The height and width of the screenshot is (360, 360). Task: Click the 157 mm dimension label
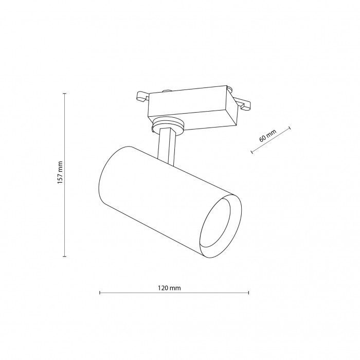coord(60,172)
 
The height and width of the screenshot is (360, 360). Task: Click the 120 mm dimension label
coord(169,288)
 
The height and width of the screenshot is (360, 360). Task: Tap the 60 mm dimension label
coord(267,136)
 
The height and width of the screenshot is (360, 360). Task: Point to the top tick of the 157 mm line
coord(64,94)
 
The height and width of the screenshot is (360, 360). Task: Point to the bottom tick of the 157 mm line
coord(64,256)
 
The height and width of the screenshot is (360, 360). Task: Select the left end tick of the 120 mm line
coord(100,293)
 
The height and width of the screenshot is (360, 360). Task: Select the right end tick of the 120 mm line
coord(248,293)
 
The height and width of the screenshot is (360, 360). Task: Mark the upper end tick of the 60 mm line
coord(290,128)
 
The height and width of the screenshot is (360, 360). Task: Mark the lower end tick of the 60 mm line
coord(252,152)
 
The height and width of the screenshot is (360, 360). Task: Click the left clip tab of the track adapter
coord(142,96)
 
